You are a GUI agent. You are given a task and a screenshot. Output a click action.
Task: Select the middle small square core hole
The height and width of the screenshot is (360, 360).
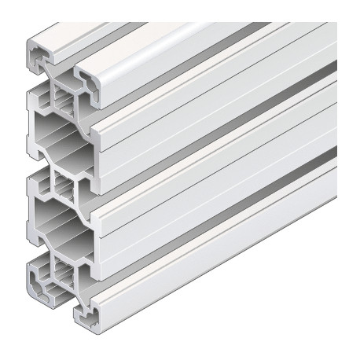pyautogui.click(x=63, y=189)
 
